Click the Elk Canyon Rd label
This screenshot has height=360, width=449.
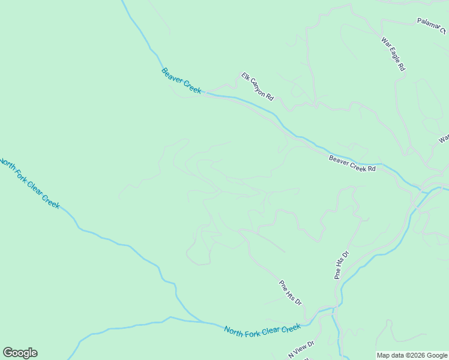pos(258,86)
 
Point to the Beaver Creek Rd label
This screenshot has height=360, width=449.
pos(352,164)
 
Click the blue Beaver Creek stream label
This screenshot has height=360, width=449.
pos(181,80)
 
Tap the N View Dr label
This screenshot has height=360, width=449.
pos(301,350)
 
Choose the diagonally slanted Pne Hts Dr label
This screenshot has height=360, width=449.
pos(290,292)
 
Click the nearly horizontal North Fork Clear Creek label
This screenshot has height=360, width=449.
pos(262,329)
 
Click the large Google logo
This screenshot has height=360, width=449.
pos(20,353)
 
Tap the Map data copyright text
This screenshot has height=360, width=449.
pos(412,355)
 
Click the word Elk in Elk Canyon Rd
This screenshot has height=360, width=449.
pos(245,76)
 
